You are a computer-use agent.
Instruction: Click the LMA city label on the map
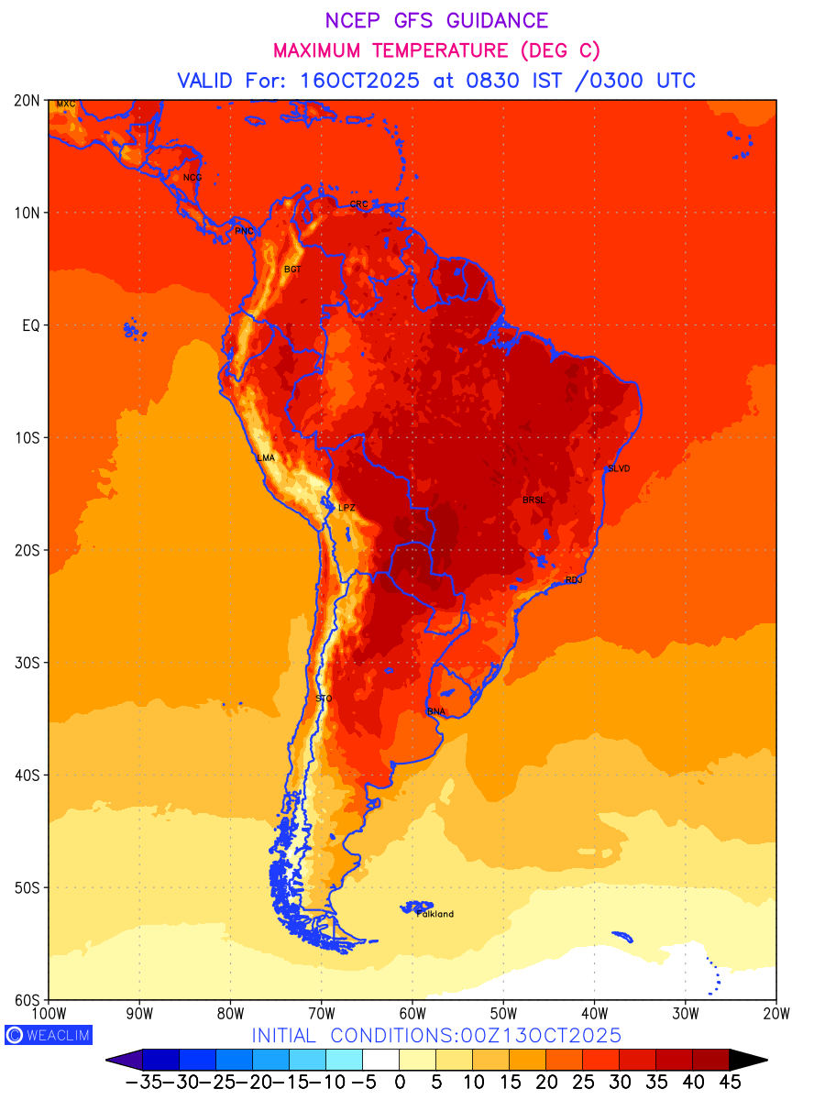(x=266, y=457)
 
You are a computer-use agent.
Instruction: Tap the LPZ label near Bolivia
(x=346, y=507)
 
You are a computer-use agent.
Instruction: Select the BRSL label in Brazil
(x=533, y=500)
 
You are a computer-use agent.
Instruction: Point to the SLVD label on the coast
(x=619, y=468)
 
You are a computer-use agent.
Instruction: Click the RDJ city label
(x=574, y=579)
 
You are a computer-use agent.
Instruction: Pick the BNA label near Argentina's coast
(x=436, y=711)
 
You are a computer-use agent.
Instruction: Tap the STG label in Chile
(x=324, y=698)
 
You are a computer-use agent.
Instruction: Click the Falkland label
(x=435, y=914)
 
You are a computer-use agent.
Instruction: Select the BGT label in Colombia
(x=292, y=269)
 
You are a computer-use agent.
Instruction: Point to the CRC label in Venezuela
(x=359, y=204)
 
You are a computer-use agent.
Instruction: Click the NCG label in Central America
(x=192, y=178)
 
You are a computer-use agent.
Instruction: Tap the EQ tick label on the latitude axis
(x=30, y=325)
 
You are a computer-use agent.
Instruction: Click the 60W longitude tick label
(x=412, y=1013)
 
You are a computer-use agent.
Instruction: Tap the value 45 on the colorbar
(x=730, y=1082)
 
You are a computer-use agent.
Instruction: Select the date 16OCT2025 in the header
(x=360, y=80)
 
